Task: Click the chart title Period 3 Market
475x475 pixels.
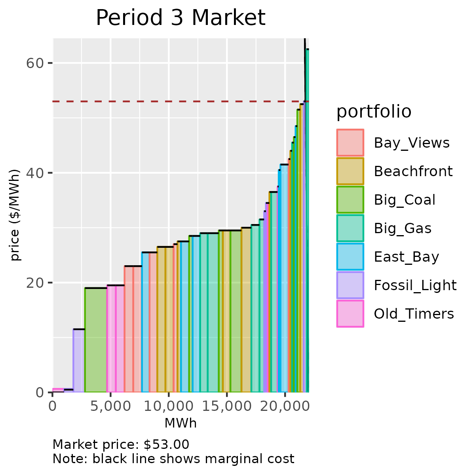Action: (180, 18)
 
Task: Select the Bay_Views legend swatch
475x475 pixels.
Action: (350, 142)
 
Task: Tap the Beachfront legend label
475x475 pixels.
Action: (413, 171)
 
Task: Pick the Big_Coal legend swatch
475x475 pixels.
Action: (350, 199)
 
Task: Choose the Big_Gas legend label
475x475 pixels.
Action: (403, 228)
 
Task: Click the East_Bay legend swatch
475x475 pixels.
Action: (350, 256)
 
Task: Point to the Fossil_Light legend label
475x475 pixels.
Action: (415, 285)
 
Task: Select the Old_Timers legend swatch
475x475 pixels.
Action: (350, 313)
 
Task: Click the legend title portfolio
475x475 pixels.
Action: (374, 112)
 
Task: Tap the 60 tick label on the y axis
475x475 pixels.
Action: (34, 63)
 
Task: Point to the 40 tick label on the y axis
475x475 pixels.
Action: (34, 173)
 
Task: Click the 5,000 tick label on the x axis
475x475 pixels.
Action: (110, 407)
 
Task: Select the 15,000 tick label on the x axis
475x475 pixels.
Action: (227, 407)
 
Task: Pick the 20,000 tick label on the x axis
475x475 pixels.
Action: (285, 407)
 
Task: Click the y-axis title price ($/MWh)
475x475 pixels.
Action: (15, 215)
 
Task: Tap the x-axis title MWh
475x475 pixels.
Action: (180, 424)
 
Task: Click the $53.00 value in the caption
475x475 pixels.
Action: (166, 445)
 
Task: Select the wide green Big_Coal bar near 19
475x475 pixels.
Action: (96, 340)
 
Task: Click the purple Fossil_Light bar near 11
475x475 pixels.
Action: (79, 360)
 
